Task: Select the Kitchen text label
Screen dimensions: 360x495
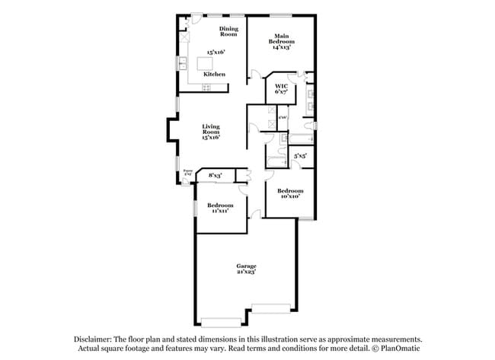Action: pos(214,74)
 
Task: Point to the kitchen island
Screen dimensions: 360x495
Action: pos(206,63)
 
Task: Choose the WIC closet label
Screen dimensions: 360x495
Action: pos(281,86)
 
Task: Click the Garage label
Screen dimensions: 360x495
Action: pos(245,266)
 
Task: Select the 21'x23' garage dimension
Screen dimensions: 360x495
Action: pos(245,271)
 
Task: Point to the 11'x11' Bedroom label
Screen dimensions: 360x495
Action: pos(221,208)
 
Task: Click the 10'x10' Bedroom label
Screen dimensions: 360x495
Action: pos(289,193)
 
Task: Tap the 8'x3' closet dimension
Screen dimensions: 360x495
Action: pos(215,176)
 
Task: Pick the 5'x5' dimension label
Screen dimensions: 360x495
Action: pos(301,156)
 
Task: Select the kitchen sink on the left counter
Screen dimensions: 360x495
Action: pos(183,62)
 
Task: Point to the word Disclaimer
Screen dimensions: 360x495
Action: pos(94,339)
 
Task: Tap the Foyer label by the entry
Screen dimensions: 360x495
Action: pos(187,173)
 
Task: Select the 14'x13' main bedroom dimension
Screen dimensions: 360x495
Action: pos(282,46)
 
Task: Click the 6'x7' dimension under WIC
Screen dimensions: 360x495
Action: pos(281,91)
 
